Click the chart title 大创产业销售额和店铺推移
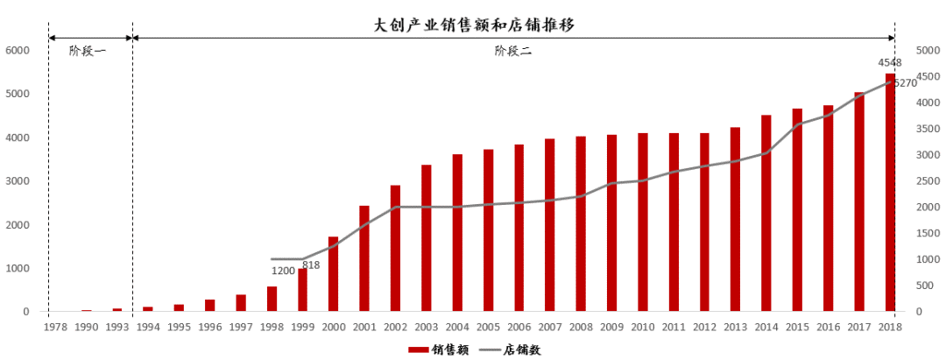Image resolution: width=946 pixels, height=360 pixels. pyautogui.click(x=474, y=25)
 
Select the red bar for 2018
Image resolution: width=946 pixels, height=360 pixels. pyautogui.click(x=890, y=193)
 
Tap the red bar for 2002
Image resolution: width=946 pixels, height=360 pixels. pyautogui.click(x=396, y=249)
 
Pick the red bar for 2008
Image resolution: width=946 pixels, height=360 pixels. pyautogui.click(x=581, y=224)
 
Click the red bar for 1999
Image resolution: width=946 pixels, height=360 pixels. pyautogui.click(x=303, y=290)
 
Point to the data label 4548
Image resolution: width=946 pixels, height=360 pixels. pyautogui.click(x=889, y=62)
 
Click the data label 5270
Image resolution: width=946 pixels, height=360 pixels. pyautogui.click(x=905, y=83)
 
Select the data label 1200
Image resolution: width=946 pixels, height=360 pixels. pyautogui.click(x=283, y=271)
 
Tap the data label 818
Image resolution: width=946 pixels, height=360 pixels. pyautogui.click(x=311, y=265)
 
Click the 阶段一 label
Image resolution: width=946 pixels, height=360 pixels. pyautogui.click(x=88, y=51)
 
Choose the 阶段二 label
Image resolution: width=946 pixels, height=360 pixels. pyautogui.click(x=512, y=51)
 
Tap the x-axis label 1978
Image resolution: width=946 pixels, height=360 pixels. pyautogui.click(x=55, y=327)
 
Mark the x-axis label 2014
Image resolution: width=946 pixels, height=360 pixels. pyautogui.click(x=766, y=327)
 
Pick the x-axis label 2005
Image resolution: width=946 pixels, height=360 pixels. pyautogui.click(x=488, y=327)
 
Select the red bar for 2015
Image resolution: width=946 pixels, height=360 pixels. pyautogui.click(x=797, y=210)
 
